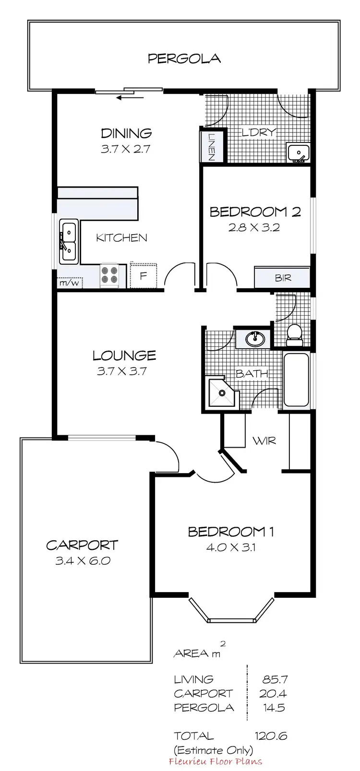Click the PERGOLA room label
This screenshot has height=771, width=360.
tap(184, 59)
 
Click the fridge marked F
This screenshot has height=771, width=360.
tap(143, 276)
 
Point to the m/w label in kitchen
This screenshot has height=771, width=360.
tap(68, 283)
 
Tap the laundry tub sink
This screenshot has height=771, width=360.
tap(298, 153)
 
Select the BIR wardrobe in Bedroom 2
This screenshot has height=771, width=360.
tap(282, 278)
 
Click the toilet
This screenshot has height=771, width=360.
tap(294, 334)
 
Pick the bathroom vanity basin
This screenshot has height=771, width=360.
tap(255, 339)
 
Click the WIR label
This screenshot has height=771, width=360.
tap(264, 439)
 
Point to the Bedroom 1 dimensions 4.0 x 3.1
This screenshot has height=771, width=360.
tap(231, 546)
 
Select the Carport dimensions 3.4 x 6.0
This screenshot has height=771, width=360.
tap(83, 560)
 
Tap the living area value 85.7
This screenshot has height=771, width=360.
tap(275, 679)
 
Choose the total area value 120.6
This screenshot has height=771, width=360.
tap(271, 735)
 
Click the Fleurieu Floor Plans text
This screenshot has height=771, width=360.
tap(216, 761)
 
